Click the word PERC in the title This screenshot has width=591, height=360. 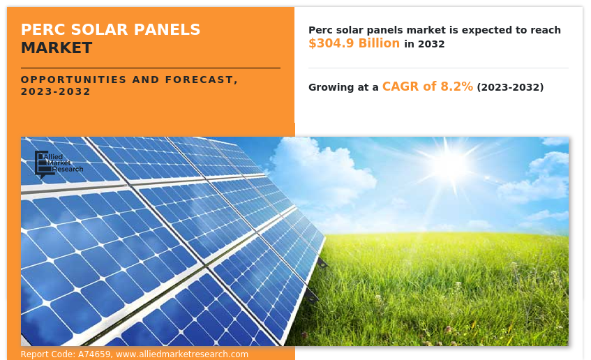click(x=43, y=29)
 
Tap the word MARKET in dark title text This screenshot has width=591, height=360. click(x=57, y=48)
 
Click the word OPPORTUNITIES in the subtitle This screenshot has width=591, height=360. click(x=73, y=80)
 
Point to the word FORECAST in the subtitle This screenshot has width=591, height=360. click(x=201, y=80)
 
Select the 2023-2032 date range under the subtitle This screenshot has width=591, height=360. click(x=55, y=91)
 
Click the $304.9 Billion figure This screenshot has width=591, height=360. click(x=354, y=43)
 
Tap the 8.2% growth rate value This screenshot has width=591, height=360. click(x=456, y=87)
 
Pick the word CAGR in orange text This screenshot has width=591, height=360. click(x=401, y=87)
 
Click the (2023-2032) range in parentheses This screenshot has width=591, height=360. click(x=510, y=87)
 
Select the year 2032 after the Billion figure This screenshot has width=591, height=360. click(x=431, y=44)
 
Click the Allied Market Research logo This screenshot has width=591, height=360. click(x=59, y=164)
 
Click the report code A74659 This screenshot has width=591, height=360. click(x=94, y=354)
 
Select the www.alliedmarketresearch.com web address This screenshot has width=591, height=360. click(x=182, y=354)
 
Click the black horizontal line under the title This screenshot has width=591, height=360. click(x=151, y=68)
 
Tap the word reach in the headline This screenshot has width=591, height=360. click(x=546, y=30)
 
